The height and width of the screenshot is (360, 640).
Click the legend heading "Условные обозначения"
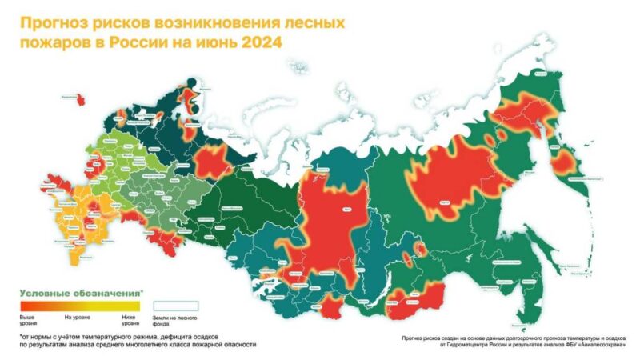click(x=79, y=294)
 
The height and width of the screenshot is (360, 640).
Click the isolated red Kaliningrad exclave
click(x=81, y=98)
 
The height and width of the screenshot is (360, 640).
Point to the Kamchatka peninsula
click(x=566, y=164)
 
